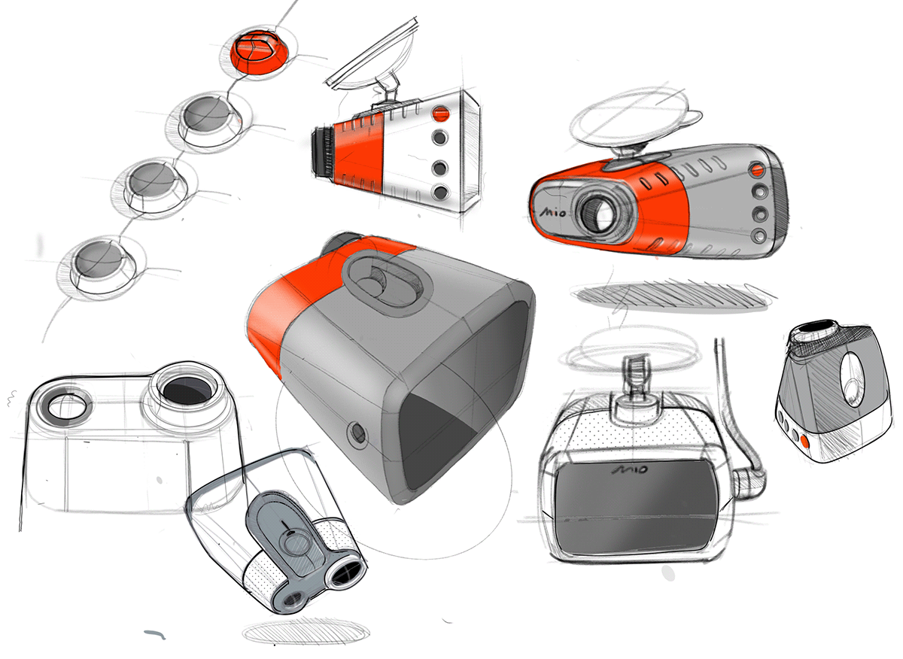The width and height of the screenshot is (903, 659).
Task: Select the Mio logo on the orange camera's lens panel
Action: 552,211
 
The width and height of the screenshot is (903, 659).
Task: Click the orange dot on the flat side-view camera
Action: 440,114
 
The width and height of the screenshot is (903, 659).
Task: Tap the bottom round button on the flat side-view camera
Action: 439,192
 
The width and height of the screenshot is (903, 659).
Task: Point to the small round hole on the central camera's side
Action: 358,435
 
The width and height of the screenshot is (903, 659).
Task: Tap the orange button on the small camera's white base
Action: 805,442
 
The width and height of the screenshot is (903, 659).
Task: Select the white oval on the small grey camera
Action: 851,379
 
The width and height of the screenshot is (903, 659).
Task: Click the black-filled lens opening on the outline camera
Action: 187,390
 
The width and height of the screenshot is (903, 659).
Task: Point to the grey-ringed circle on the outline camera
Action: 65,407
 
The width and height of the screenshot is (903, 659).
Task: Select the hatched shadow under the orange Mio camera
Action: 672,297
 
